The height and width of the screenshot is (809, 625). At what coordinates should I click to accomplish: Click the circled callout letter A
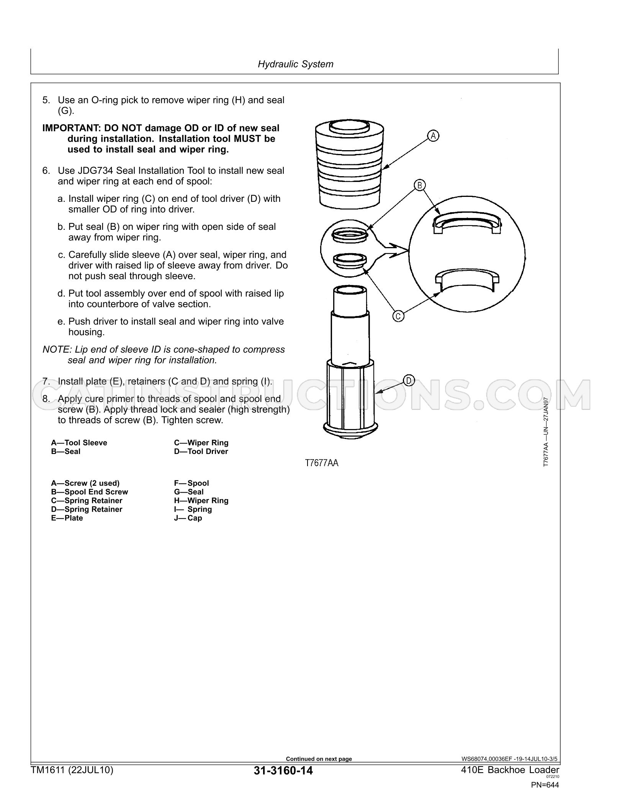pos(433,136)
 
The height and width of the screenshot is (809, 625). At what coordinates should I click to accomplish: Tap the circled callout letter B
pos(419,186)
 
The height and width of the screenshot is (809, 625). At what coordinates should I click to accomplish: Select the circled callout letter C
pos(399,316)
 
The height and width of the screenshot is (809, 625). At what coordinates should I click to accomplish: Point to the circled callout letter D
pos(409,381)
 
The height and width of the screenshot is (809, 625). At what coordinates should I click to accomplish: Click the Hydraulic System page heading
pos(295,64)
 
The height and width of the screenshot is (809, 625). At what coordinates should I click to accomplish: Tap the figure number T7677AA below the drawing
pos(322,463)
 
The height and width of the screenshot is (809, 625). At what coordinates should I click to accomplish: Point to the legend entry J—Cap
pos(188,518)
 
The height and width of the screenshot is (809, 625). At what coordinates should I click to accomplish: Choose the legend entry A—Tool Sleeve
pos(79,443)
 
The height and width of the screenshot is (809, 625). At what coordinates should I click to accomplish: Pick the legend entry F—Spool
pos(191,483)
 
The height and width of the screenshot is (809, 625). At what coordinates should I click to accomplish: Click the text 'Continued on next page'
pos(319,759)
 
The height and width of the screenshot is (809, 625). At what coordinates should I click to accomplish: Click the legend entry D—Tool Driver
pos(201,452)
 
